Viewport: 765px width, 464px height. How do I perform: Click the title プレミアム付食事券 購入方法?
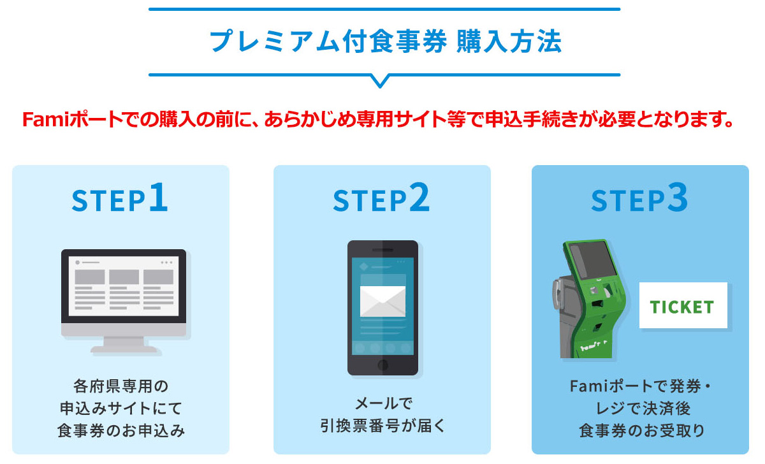click(x=384, y=42)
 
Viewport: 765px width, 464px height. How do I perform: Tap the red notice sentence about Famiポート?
click(x=376, y=119)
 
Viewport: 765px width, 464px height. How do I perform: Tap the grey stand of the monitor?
click(x=124, y=344)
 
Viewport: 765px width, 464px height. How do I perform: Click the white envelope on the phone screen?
click(x=382, y=300)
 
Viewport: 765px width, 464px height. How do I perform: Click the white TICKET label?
click(x=683, y=306)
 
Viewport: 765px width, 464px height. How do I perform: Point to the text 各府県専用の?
click(x=120, y=386)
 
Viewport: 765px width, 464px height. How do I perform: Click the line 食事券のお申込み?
click(x=120, y=430)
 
